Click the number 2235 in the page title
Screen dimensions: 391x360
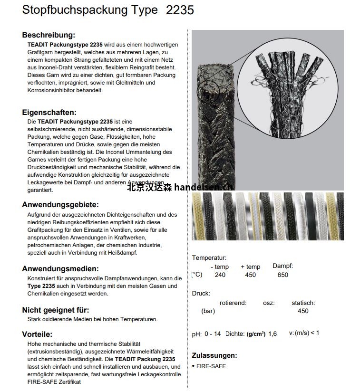[x=180, y=10]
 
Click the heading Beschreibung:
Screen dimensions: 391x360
[x=49, y=35]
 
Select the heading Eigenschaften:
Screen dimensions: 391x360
[x=49, y=113]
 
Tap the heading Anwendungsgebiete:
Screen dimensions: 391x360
[x=60, y=205]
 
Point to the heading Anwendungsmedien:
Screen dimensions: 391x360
[x=58, y=269]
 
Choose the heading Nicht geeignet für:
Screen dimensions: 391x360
[x=56, y=310]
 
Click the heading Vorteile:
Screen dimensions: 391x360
[x=37, y=334]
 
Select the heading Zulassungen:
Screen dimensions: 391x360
[x=214, y=355]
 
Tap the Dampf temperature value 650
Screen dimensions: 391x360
[x=282, y=275]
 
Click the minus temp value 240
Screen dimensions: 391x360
[x=220, y=275]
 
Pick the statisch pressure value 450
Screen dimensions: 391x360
[x=303, y=311]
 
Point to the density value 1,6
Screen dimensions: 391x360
[x=272, y=334]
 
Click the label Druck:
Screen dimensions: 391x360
[x=201, y=294]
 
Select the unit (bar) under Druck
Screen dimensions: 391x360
[x=208, y=311]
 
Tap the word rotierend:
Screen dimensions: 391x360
[x=233, y=303]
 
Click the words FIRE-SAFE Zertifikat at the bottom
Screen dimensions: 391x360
[x=54, y=382]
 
